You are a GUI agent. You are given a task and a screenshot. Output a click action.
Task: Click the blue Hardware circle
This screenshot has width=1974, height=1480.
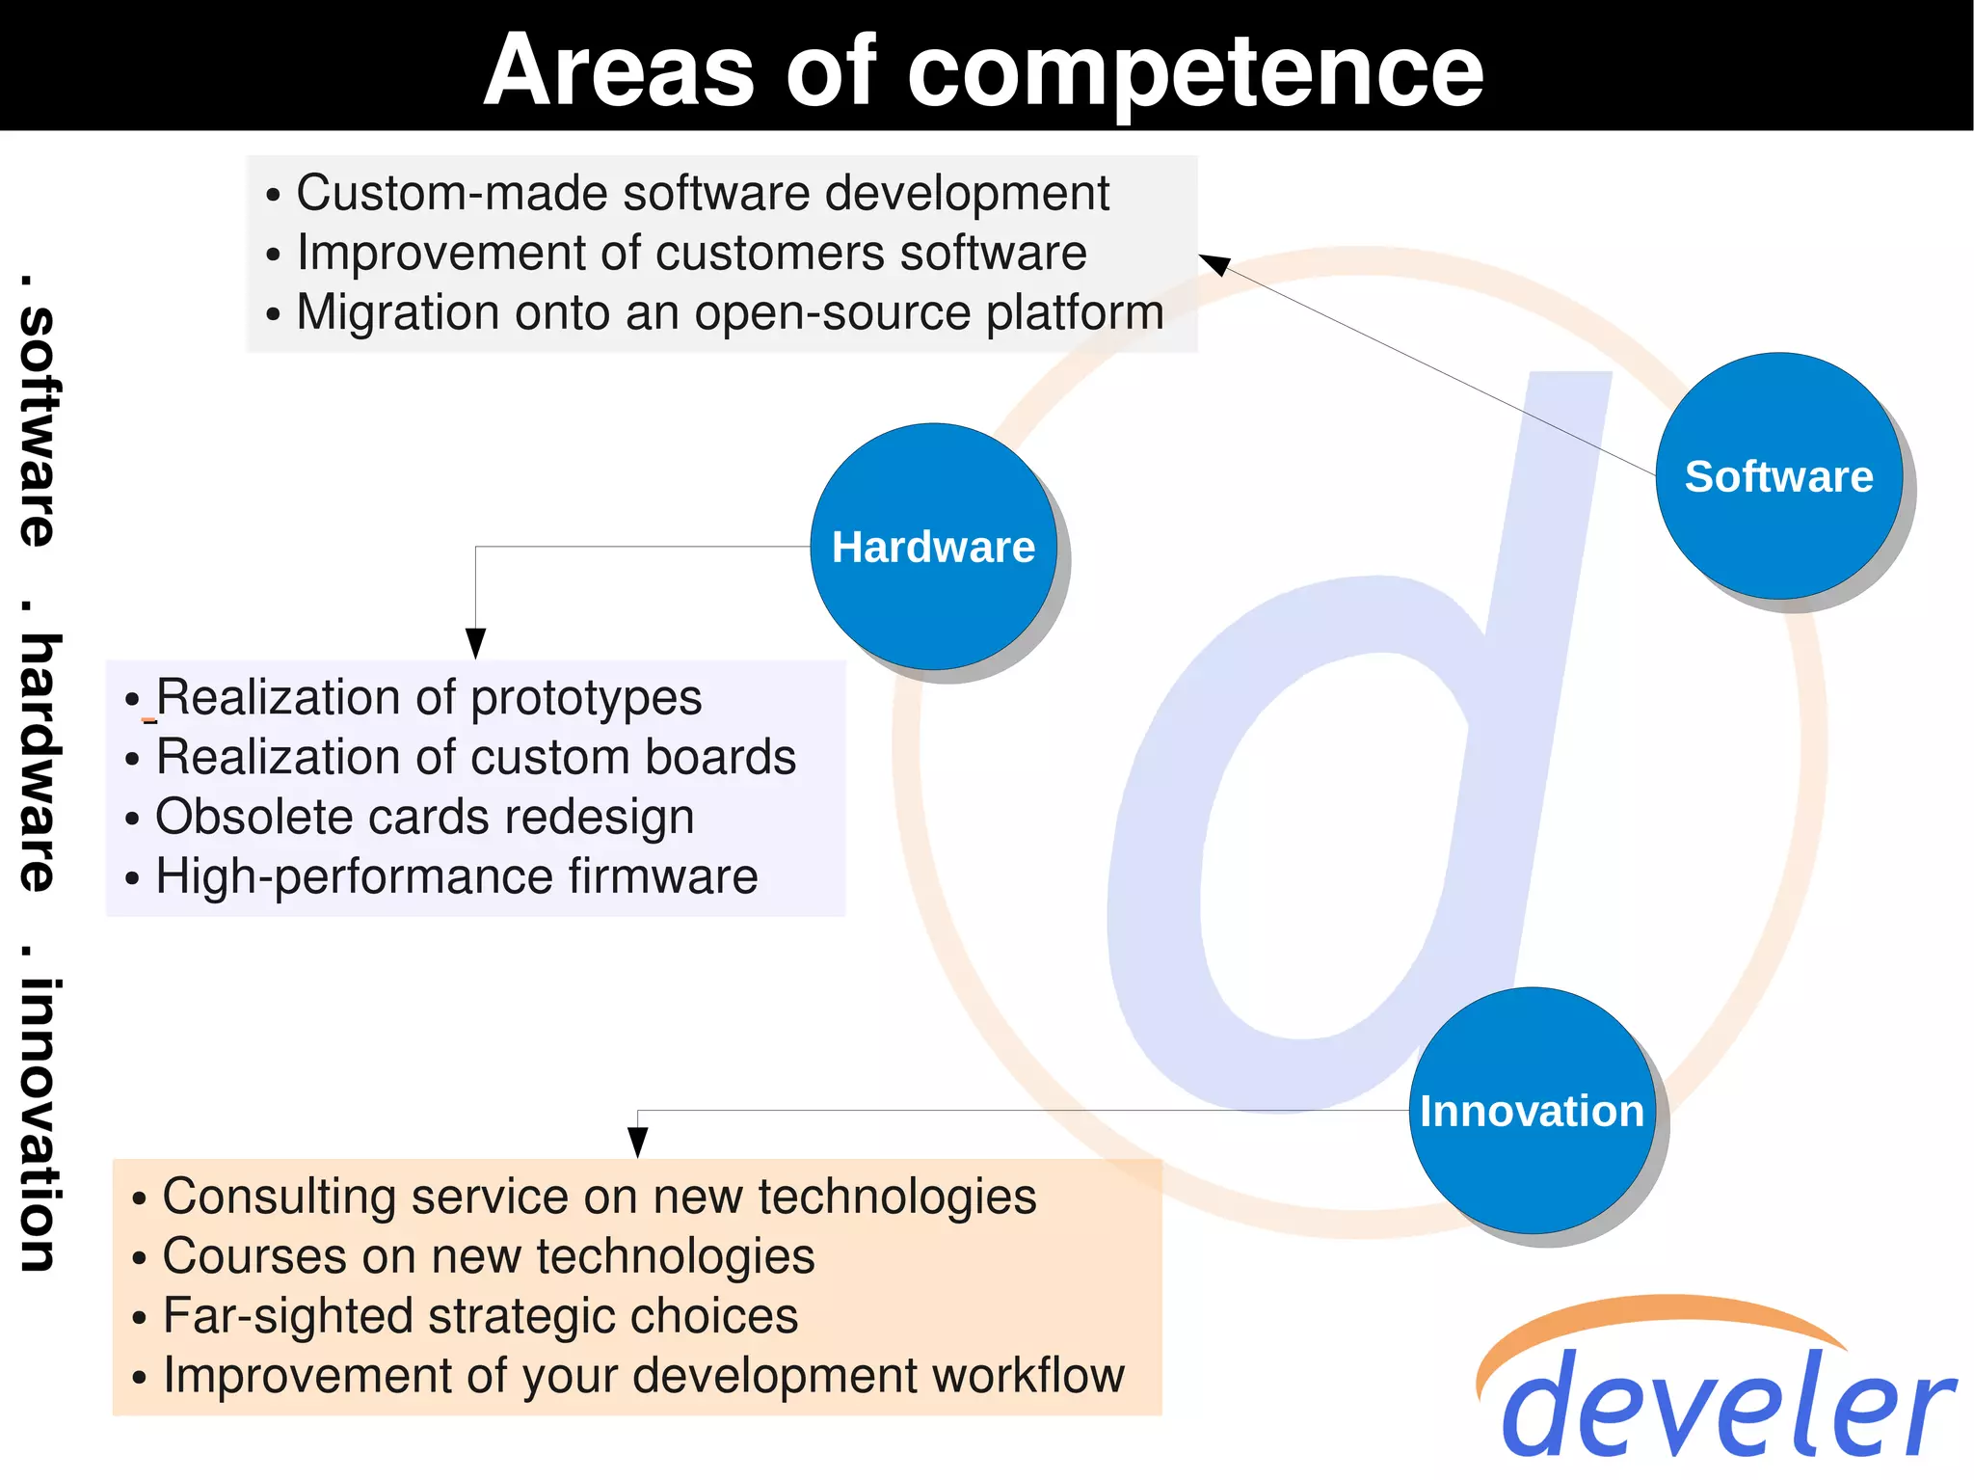tap(933, 547)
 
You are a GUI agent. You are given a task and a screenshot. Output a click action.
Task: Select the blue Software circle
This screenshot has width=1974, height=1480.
tap(1778, 476)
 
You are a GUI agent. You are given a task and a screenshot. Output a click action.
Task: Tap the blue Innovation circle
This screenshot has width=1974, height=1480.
tap(1532, 1111)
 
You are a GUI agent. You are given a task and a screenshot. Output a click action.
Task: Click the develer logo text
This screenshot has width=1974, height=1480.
tap(1725, 1403)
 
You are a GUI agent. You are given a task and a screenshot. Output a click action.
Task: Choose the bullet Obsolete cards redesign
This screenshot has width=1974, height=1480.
tap(424, 817)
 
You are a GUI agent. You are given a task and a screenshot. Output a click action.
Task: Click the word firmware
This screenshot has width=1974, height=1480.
tap(663, 876)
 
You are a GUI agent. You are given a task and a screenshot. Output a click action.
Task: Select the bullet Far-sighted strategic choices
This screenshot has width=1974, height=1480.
tap(480, 1316)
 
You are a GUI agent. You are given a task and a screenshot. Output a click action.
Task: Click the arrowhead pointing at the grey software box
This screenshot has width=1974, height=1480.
tap(1213, 263)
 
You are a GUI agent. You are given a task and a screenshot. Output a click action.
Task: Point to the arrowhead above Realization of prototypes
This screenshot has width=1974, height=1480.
tap(475, 643)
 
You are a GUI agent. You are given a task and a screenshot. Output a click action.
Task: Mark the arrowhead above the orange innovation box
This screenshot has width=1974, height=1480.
tap(637, 1142)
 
